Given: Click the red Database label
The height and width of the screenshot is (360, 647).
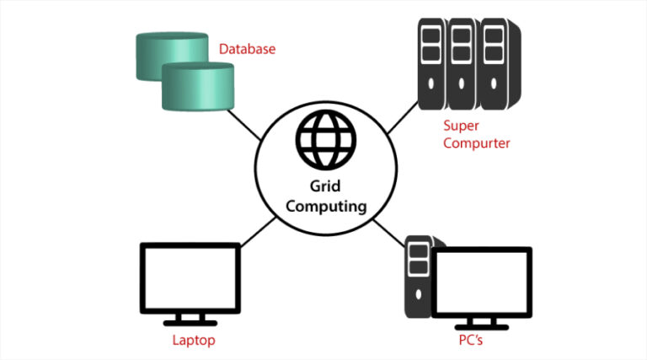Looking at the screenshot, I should pos(247,49).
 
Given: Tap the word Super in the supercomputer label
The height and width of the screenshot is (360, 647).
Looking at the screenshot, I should pos(460,126).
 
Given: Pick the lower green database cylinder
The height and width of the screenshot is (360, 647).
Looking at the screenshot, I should pos(195,87).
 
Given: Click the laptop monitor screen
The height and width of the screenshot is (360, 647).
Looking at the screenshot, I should pos(190,278).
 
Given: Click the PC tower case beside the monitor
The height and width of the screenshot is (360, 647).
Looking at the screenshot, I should pos(417,278).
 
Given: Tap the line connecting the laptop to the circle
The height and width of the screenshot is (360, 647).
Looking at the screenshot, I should pos(257,230).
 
